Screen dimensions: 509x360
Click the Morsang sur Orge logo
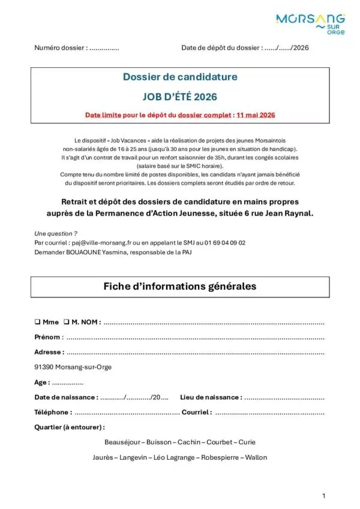click(310, 25)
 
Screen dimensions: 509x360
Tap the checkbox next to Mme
click(37, 322)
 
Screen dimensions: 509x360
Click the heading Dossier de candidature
click(180, 77)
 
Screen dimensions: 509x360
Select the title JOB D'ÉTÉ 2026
click(180, 96)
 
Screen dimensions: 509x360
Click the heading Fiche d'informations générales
click(180, 287)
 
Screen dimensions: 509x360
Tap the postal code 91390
click(45, 368)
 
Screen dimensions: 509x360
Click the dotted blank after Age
click(68, 382)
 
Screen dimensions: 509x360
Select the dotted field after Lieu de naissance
click(284, 397)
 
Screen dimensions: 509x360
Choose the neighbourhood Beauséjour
click(122, 442)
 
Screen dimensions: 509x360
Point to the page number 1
click(323, 495)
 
